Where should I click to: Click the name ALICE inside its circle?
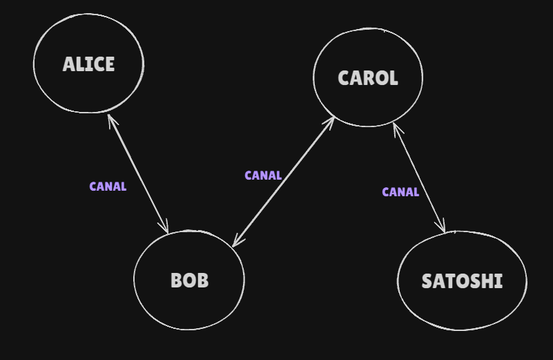(88, 65)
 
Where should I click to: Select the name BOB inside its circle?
(189, 281)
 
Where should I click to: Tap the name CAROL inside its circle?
(368, 78)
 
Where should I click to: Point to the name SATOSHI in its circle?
(462, 282)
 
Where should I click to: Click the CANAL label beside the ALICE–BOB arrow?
(108, 187)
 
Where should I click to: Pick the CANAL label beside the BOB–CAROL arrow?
(263, 176)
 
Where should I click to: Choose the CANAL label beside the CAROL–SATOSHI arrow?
(400, 192)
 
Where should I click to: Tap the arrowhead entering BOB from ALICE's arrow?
(166, 229)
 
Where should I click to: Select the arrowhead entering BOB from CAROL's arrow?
(235, 242)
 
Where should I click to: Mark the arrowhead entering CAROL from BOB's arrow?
(331, 120)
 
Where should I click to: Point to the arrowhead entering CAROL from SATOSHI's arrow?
(395, 126)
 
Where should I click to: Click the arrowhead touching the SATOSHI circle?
(443, 229)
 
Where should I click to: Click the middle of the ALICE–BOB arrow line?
(138, 173)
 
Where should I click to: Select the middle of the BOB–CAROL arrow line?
(284, 180)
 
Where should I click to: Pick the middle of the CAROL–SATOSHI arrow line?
(419, 178)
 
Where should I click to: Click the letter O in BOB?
(189, 281)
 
